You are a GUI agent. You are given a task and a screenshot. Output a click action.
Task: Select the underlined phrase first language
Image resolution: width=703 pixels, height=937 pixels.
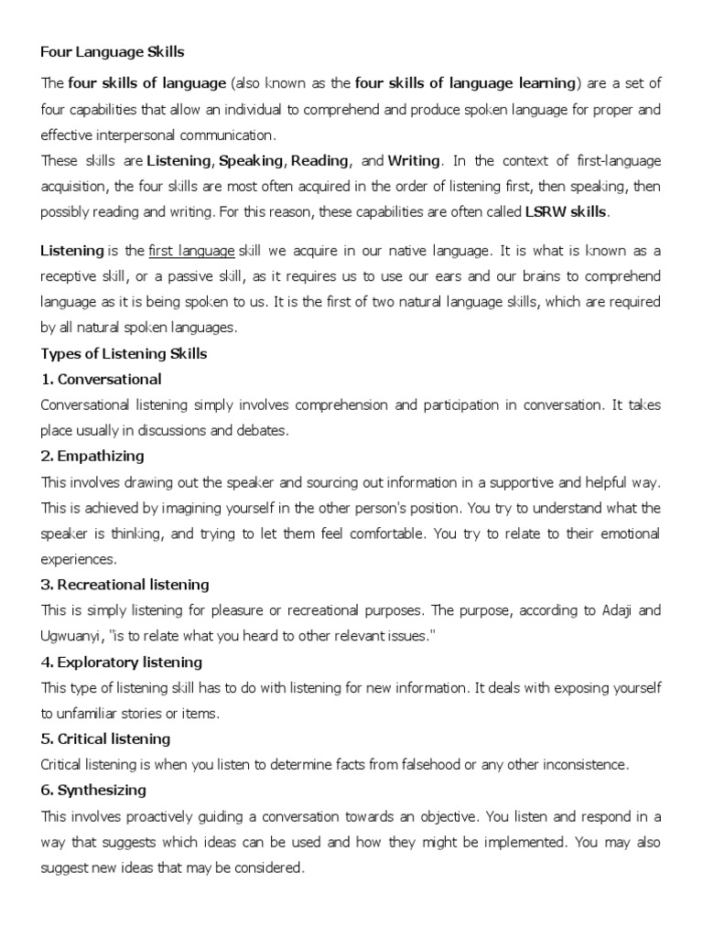[x=190, y=251]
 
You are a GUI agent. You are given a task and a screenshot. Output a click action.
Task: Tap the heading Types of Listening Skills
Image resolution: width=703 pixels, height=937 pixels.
[x=124, y=354]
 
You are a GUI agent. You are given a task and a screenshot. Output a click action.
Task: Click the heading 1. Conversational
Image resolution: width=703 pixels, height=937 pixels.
[x=102, y=379]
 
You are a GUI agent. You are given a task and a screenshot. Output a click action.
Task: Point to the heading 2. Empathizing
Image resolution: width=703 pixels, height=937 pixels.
[x=93, y=456]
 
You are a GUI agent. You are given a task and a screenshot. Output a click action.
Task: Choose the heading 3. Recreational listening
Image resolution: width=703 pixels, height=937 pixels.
[x=125, y=584]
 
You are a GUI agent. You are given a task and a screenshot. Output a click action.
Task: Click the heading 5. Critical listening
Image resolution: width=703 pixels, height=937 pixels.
[x=106, y=738]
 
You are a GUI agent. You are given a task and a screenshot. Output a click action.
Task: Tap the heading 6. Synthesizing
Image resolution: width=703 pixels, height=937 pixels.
[x=94, y=790]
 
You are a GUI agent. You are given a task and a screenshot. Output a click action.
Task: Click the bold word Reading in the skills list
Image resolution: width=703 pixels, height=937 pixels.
[x=319, y=161]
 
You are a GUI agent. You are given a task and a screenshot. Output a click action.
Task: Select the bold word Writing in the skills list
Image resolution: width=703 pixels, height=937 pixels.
[x=415, y=161]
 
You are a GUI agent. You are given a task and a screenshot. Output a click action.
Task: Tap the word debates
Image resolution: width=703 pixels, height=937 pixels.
[x=267, y=430]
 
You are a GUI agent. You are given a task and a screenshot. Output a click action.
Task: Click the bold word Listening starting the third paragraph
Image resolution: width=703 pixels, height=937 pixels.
[x=70, y=251]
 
